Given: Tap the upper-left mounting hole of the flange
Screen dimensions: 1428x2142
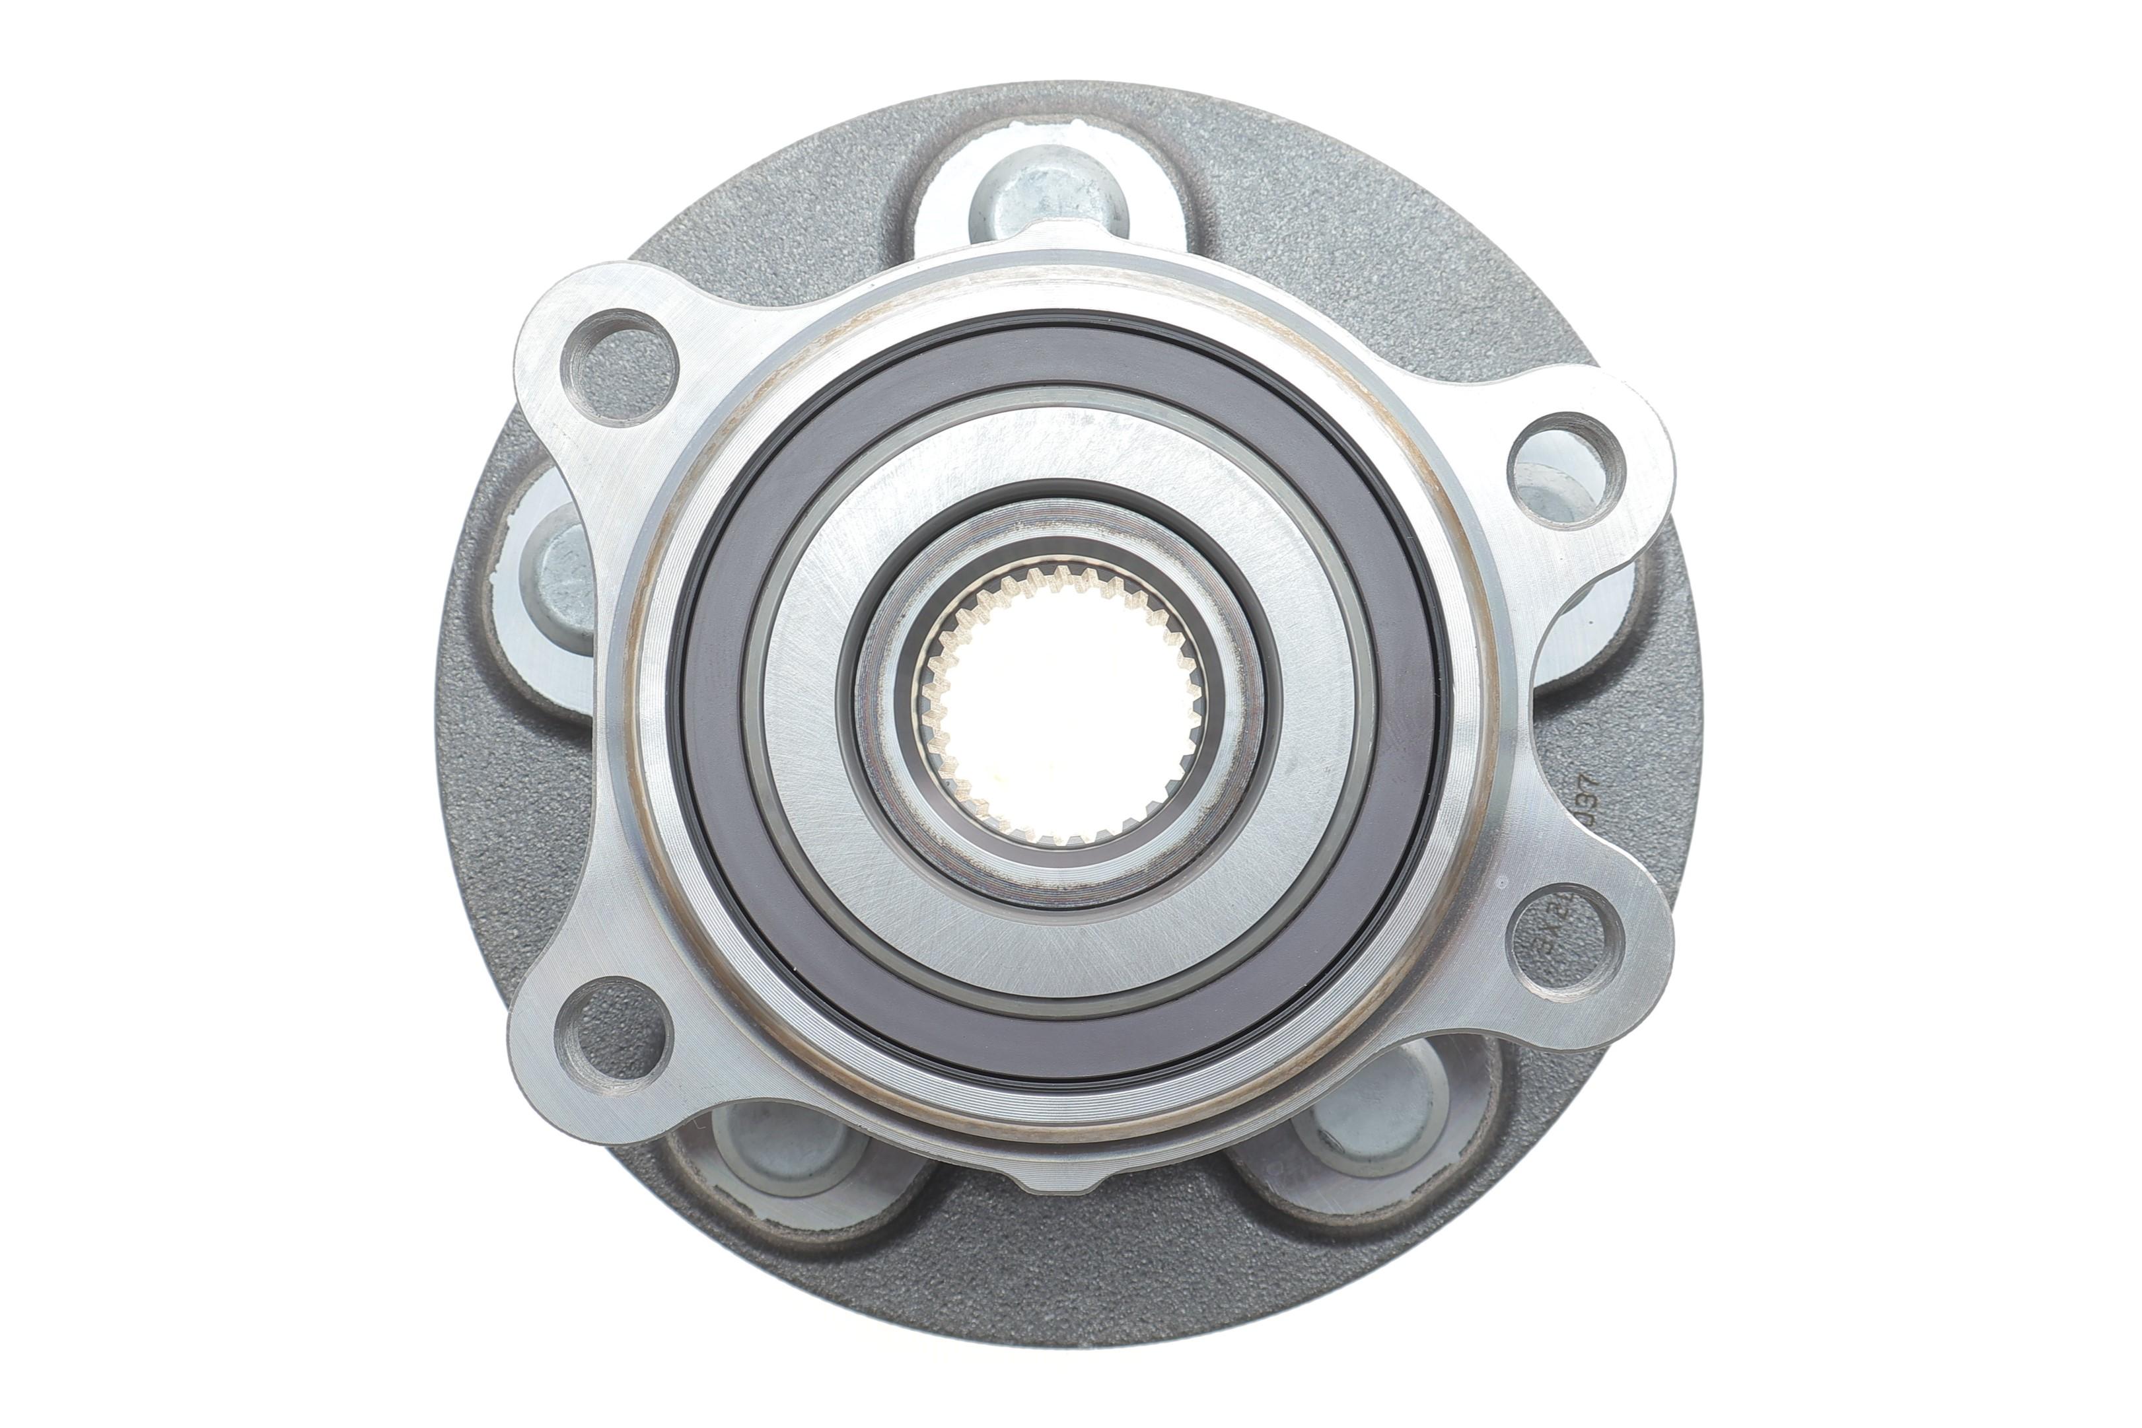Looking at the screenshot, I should point(620,368).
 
